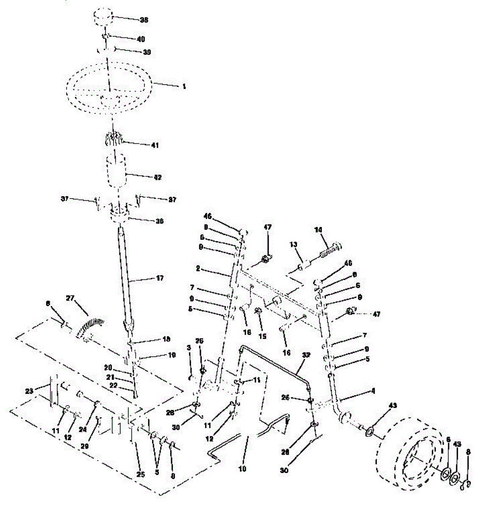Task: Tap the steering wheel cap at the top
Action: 103,19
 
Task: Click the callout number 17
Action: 147,278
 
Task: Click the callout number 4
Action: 373,391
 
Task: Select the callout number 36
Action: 147,221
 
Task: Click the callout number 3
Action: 189,347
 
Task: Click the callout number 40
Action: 140,39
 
